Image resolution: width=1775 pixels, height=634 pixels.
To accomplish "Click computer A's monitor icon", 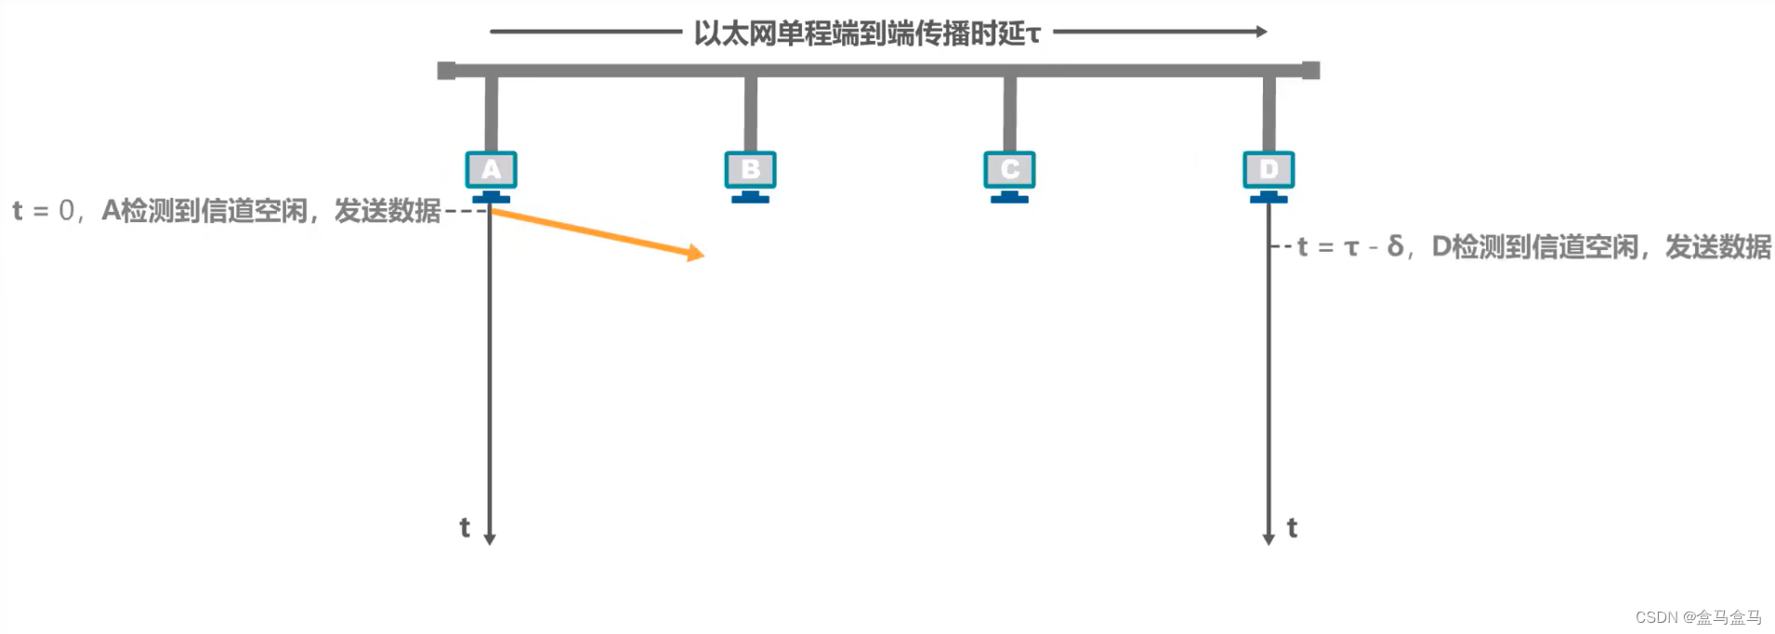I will pos(491,170).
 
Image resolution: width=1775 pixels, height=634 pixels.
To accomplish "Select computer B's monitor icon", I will pos(750,170).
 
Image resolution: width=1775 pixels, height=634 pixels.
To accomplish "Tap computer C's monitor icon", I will pos(1009,170).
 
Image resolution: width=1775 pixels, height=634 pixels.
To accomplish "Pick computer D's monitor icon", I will pos(1269,170).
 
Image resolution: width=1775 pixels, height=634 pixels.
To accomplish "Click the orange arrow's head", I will pos(695,252).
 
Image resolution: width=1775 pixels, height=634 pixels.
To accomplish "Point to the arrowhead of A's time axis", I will pos(490,539).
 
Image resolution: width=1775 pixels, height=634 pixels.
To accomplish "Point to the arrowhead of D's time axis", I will pos(1269,539).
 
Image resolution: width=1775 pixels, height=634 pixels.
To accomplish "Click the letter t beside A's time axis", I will pos(465,528).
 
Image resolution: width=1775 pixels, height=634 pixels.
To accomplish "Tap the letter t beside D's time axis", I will pos(1292,528).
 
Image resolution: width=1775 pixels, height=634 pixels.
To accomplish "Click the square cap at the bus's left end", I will pos(446,71).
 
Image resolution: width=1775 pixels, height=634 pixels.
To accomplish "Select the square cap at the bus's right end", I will pos(1310,71).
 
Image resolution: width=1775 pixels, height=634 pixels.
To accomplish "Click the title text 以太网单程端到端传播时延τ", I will pos(867,33).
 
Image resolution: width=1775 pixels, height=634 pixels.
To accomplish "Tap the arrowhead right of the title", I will pos(1261,32).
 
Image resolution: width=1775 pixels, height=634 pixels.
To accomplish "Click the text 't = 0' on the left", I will pos(43,211).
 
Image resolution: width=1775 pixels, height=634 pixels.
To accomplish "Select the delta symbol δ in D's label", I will pos(1395,246).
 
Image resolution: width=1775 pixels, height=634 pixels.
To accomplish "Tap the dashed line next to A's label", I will pos(466,212).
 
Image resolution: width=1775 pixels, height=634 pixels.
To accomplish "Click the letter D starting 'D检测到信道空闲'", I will pos(1441,246).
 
